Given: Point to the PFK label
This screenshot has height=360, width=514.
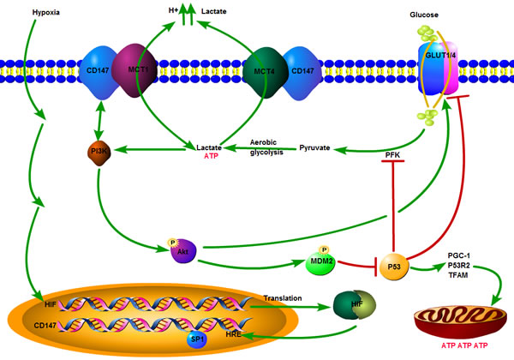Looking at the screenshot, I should (x=393, y=154).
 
